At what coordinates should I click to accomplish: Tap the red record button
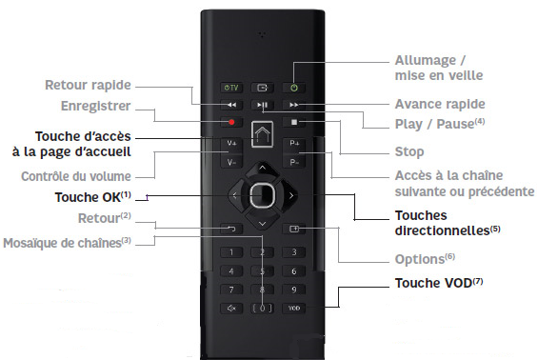(x=230, y=122)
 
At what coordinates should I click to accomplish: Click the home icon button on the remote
(x=262, y=133)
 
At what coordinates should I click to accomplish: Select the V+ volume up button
(x=230, y=144)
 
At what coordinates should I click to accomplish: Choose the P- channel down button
(x=294, y=161)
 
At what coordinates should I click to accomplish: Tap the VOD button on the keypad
(x=294, y=309)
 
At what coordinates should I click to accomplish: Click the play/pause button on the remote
(x=262, y=103)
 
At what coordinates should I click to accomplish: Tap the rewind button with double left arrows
(x=230, y=103)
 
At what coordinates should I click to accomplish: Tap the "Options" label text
(x=420, y=259)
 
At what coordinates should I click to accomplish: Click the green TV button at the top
(x=230, y=84)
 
